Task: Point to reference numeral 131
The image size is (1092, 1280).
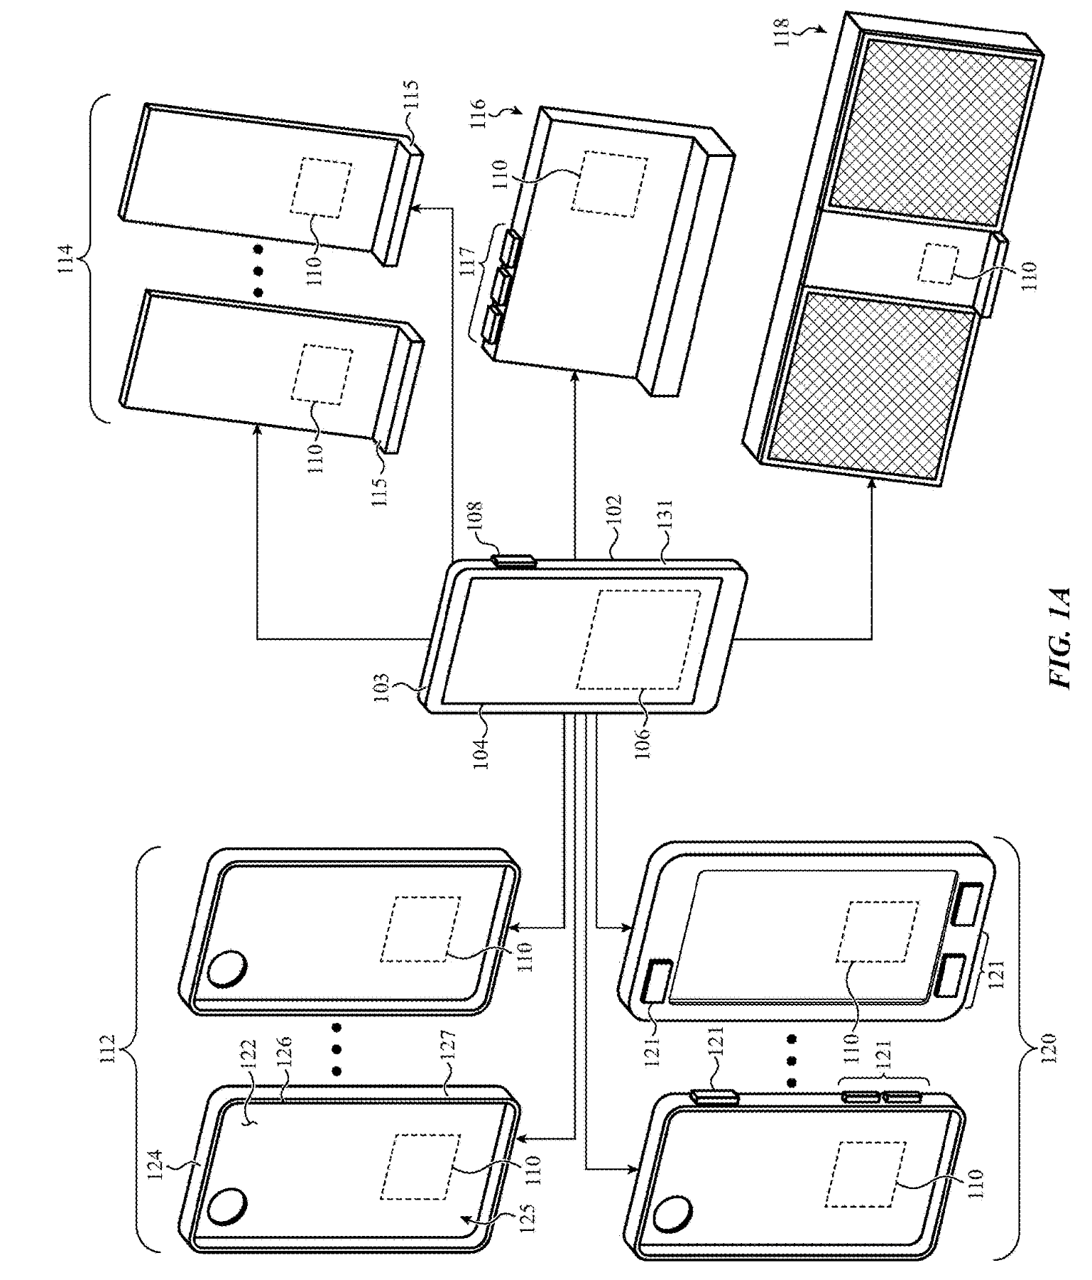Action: pos(667,520)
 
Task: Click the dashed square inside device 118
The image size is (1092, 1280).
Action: pos(937,265)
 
